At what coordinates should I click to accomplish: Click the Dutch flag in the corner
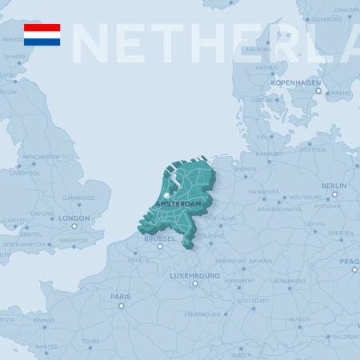42,34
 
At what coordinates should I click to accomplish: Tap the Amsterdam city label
178,205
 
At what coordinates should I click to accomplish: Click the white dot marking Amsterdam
167,195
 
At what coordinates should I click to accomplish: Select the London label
74,218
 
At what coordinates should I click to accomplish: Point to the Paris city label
121,297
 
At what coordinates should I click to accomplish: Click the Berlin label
334,186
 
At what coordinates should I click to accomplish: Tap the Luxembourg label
194,276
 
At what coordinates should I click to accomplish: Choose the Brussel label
159,238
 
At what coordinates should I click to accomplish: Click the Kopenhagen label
296,82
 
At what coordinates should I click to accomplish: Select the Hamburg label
269,154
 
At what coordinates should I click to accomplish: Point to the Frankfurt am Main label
244,261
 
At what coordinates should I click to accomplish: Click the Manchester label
41,157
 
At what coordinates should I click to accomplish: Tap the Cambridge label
79,198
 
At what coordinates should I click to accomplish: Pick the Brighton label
74,240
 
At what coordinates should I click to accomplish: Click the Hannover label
263,192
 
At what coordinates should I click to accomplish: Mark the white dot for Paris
122,306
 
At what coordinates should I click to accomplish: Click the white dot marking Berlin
334,194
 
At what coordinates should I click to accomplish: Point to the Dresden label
341,234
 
